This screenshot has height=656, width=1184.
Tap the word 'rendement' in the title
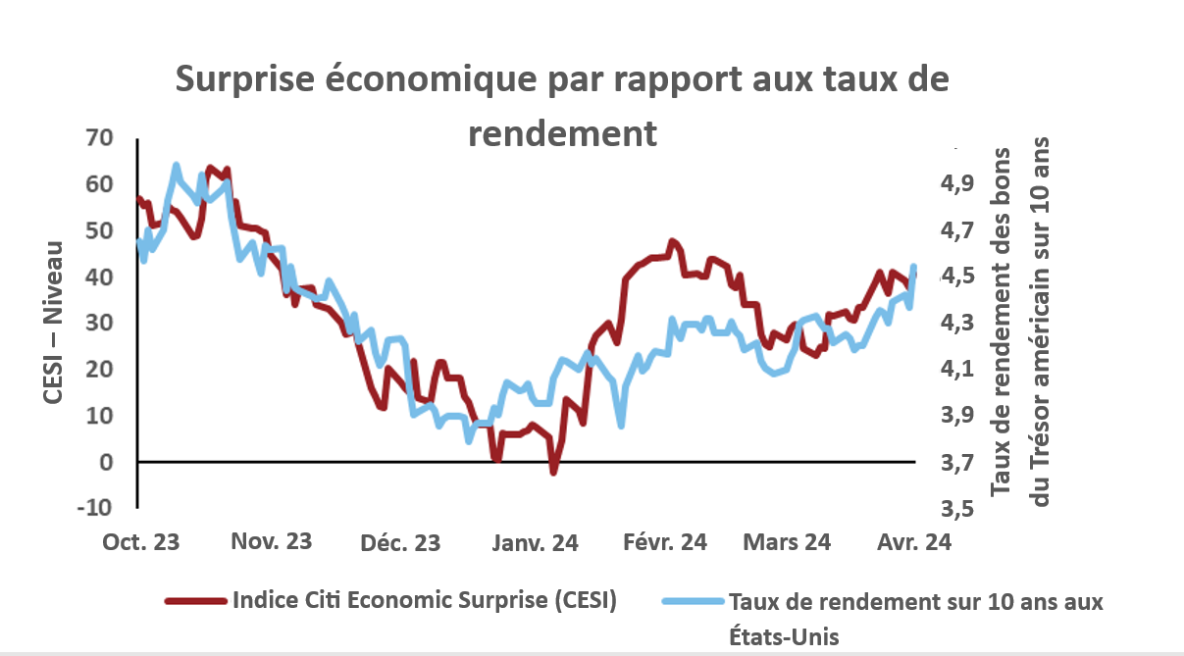tap(562, 132)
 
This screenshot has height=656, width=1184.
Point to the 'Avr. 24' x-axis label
tap(912, 542)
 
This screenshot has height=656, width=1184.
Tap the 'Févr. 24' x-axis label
tap(665, 542)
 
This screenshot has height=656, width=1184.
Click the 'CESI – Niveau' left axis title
tap(54, 323)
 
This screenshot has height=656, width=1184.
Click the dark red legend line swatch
tap(194, 601)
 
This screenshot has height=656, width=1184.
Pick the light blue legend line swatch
tap(692, 601)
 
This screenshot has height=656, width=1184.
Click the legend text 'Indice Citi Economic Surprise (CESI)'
tap(424, 601)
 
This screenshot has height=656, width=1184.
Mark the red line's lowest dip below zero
tap(553, 472)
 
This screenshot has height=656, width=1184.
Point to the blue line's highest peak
tap(176, 166)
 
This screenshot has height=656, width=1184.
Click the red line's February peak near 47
tap(672, 241)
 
